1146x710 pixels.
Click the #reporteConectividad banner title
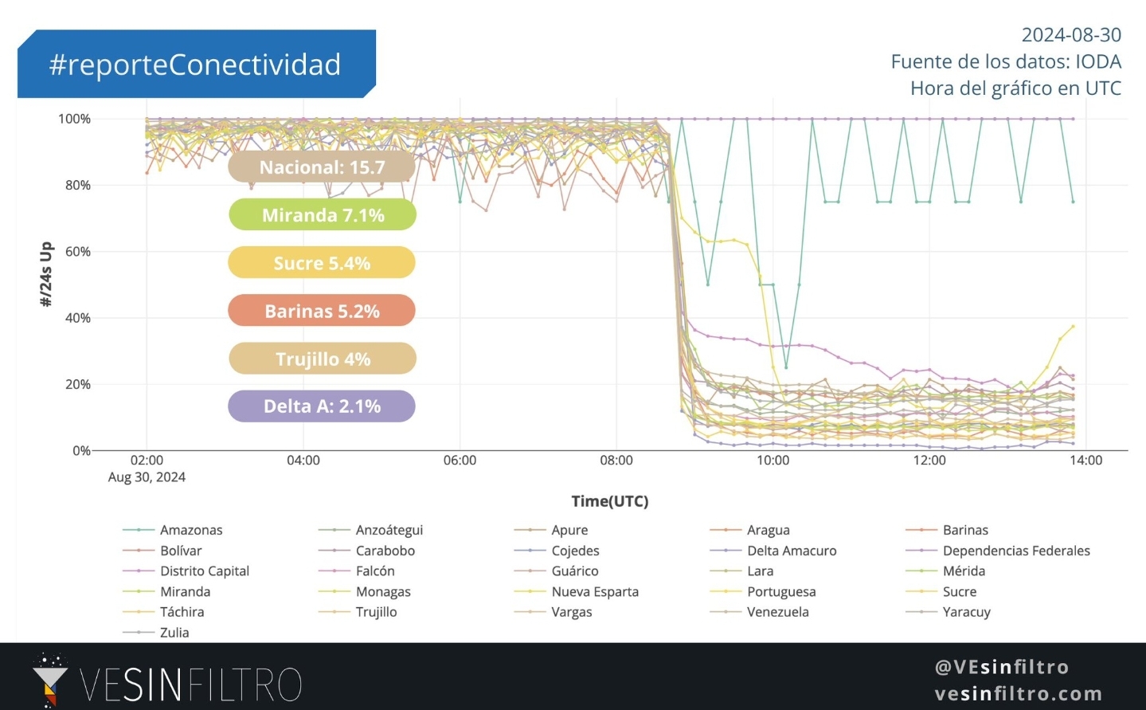click(x=195, y=65)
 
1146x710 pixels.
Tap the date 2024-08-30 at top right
click(x=1070, y=35)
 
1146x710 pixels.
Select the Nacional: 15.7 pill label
click(x=322, y=167)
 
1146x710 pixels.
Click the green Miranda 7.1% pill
click(x=323, y=215)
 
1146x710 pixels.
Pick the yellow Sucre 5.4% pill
click(x=322, y=263)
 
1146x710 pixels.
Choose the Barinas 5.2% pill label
click(x=322, y=311)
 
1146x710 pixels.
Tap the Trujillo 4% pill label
click(x=323, y=359)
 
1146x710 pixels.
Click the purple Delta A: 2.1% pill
click(x=322, y=406)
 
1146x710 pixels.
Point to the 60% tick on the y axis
click(x=77, y=252)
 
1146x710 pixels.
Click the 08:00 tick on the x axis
click(x=616, y=461)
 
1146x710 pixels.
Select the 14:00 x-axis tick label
click(x=1085, y=461)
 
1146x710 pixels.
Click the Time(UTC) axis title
click(x=609, y=501)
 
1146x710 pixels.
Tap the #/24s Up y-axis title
click(x=46, y=274)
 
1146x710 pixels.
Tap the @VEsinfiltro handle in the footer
click(x=1001, y=667)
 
